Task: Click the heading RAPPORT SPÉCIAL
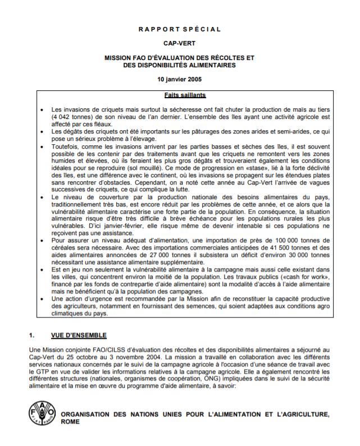(180, 29)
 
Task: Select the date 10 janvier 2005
(180, 79)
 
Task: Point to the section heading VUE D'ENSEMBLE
(78, 335)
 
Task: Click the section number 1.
(32, 335)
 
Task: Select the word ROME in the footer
(70, 422)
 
